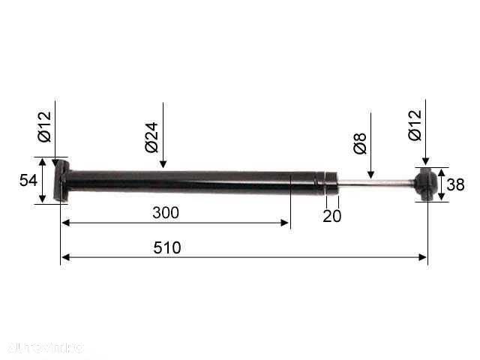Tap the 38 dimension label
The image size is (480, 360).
point(455,184)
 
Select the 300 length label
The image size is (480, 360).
point(165,212)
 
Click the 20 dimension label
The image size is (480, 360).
point(331,216)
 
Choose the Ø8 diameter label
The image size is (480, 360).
point(359,143)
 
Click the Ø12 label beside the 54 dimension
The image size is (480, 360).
point(43,126)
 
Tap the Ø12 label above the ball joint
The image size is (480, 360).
point(415,125)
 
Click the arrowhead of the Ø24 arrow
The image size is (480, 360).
point(163,164)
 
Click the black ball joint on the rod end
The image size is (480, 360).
point(426,184)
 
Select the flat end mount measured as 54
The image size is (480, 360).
point(63,181)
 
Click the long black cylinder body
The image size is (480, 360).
point(187,181)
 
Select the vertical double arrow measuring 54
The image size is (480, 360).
point(43,180)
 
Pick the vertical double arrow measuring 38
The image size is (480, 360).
point(441,184)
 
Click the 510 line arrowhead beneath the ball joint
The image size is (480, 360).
point(423,257)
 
